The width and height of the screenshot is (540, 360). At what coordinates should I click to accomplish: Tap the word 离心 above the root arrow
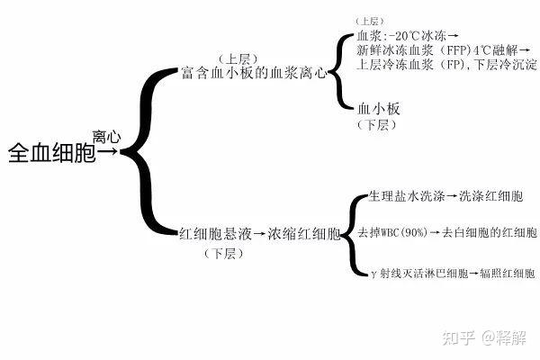[x=106, y=136]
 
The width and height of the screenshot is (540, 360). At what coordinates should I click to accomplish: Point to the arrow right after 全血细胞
[x=107, y=154]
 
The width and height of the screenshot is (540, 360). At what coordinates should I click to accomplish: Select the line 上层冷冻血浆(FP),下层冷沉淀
[x=445, y=65]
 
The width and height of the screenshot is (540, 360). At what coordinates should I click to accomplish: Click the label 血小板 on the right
[x=378, y=109]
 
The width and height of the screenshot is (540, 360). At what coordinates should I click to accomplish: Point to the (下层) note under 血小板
[x=377, y=125]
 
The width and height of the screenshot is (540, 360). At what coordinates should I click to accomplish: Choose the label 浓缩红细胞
[x=303, y=236]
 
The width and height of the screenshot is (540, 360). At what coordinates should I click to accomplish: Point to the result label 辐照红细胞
[x=508, y=271]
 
